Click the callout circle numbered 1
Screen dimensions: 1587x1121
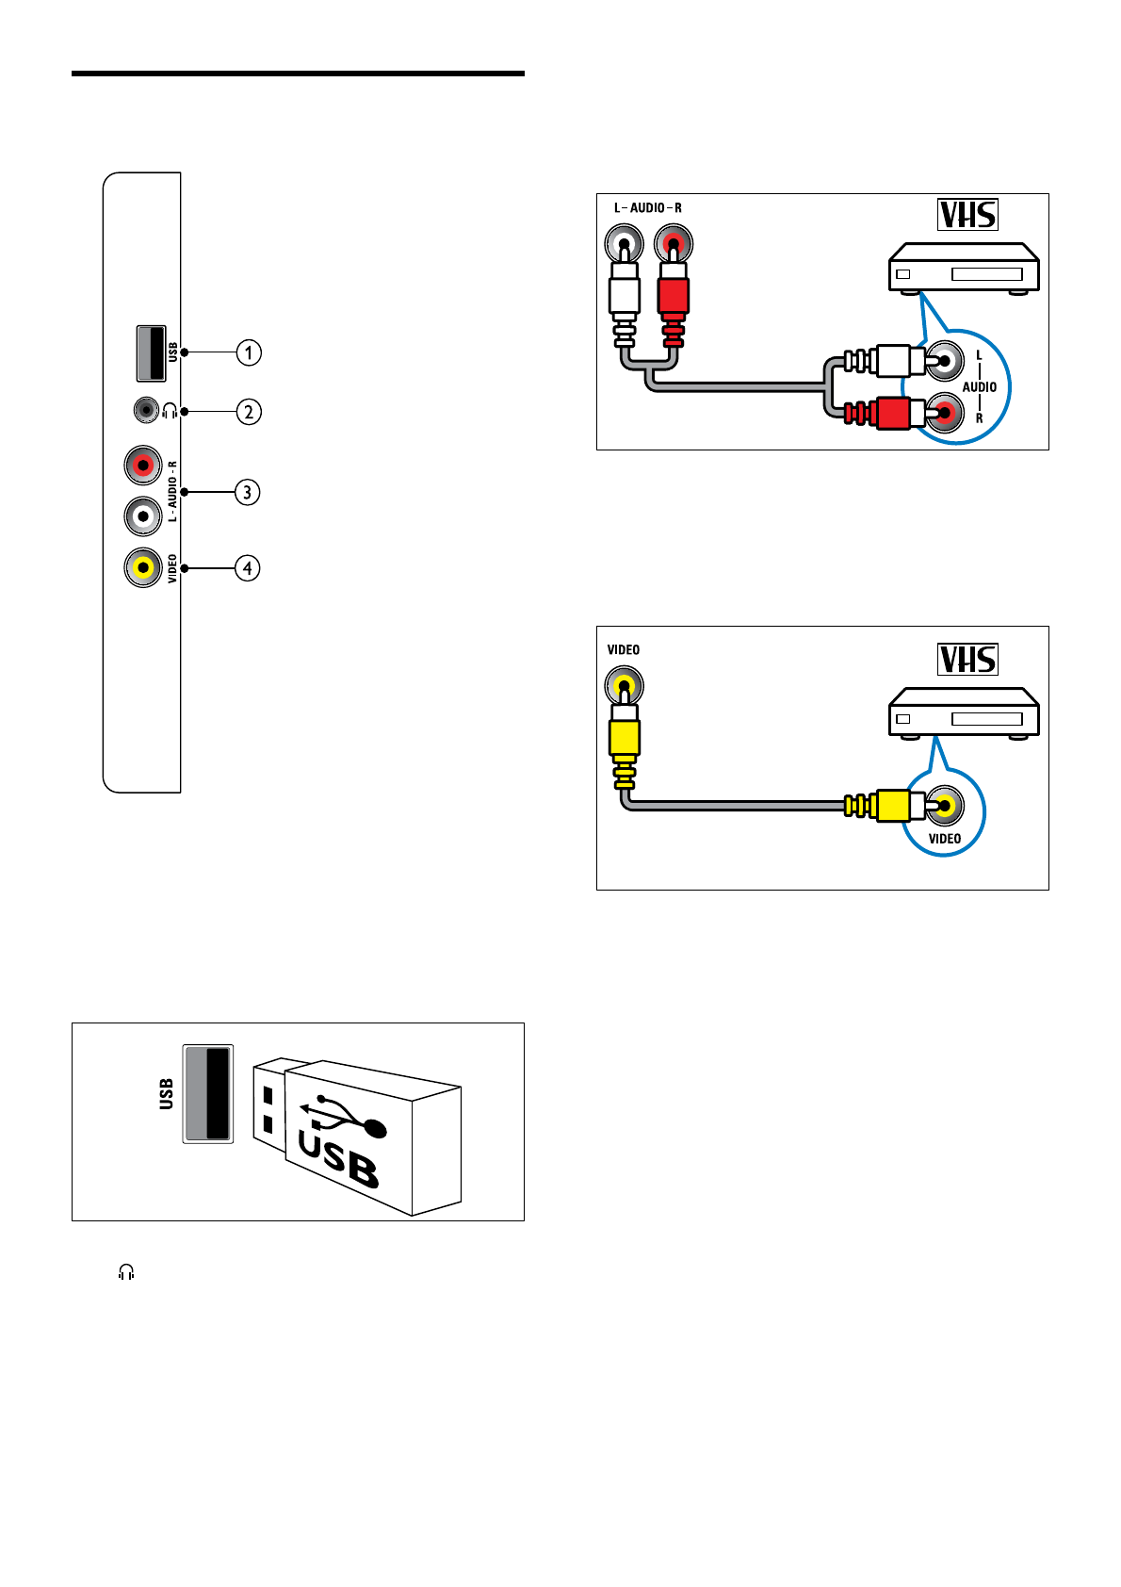click(x=249, y=352)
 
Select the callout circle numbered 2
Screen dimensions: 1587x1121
click(x=249, y=412)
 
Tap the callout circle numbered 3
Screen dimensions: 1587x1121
click(x=248, y=492)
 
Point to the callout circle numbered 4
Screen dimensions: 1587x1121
click(x=248, y=568)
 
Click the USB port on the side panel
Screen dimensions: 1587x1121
click(x=151, y=352)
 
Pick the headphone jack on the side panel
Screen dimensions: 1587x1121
click(x=145, y=411)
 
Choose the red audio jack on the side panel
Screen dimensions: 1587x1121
click(x=143, y=465)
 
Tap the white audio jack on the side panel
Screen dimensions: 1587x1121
click(x=143, y=515)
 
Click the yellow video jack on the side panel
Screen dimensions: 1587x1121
click(x=143, y=567)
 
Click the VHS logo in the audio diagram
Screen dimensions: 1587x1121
click(x=967, y=215)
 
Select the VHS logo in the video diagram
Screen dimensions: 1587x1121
click(x=967, y=659)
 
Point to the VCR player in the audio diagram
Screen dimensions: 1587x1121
click(x=964, y=269)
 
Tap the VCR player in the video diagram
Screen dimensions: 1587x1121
click(x=964, y=713)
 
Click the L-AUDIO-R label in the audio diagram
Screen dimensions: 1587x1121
click(x=648, y=208)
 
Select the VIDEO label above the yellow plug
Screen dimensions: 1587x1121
click(x=624, y=650)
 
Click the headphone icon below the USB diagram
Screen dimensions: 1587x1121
click(x=126, y=1272)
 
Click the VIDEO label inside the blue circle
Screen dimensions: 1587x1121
click(x=945, y=839)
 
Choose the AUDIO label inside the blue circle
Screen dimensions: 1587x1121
click(x=980, y=387)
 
